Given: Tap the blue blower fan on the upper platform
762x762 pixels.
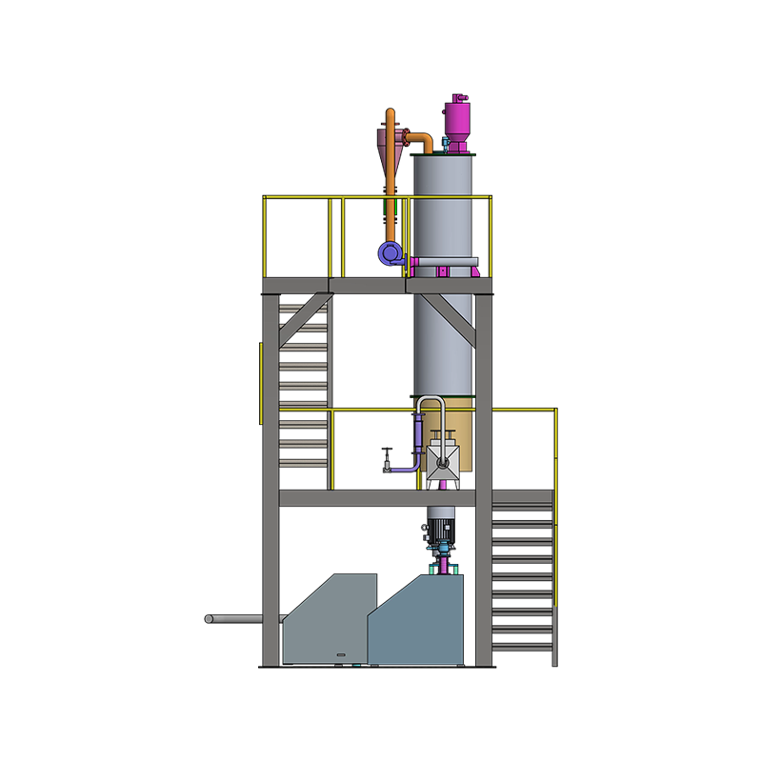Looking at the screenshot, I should (390, 252).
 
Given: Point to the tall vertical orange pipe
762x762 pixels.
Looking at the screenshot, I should (391, 190).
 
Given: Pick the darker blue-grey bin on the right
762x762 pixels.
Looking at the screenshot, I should (419, 624).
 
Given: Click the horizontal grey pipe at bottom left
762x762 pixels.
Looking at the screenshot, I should (235, 619).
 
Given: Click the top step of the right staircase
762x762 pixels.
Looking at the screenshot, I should (522, 508).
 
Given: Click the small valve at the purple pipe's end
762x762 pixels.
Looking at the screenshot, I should (386, 466).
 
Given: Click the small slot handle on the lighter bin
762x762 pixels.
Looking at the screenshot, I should (343, 654).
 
